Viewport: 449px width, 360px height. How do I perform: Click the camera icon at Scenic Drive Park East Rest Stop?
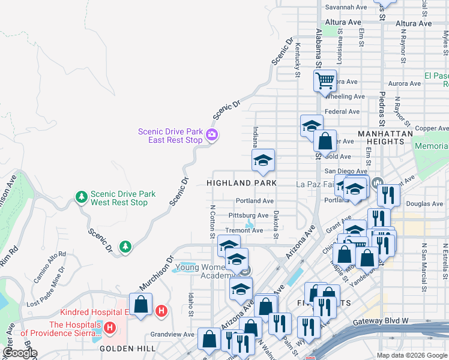(x=211, y=135)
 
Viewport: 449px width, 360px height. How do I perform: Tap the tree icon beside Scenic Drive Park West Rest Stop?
(x=81, y=197)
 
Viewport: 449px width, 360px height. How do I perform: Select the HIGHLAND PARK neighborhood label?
(x=242, y=182)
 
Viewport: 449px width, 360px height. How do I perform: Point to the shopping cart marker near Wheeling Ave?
(x=325, y=80)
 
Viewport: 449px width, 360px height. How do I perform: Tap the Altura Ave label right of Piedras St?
(x=414, y=24)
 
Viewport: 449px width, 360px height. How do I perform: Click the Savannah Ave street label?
(x=346, y=7)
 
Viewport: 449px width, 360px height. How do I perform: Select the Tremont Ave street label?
(x=244, y=230)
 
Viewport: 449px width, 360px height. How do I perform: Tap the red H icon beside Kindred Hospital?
(x=161, y=311)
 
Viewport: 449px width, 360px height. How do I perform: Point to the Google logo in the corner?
(x=20, y=353)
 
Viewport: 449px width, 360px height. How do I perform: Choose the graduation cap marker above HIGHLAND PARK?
(x=262, y=160)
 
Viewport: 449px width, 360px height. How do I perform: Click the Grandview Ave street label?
(x=172, y=334)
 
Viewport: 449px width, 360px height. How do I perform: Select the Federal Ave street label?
(x=342, y=112)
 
